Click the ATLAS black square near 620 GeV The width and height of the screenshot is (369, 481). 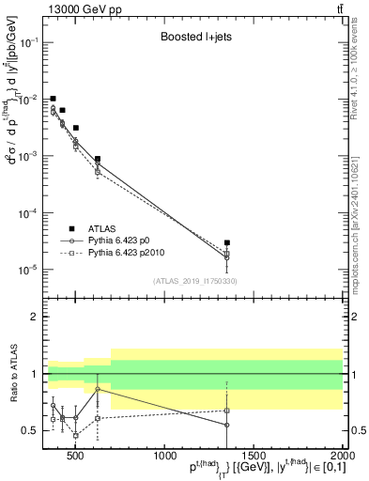click(98, 159)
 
